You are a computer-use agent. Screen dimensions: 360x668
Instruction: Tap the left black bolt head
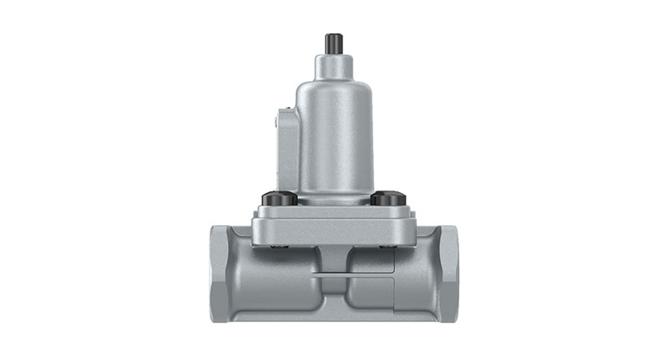(278, 199)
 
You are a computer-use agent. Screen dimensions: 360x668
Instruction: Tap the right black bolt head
(388, 199)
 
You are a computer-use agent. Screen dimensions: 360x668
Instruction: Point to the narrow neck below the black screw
(333, 64)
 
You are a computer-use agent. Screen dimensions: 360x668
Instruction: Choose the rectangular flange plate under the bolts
(334, 227)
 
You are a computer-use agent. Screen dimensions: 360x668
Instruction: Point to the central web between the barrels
(334, 292)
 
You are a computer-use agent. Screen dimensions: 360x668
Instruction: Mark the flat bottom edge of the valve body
(334, 318)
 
